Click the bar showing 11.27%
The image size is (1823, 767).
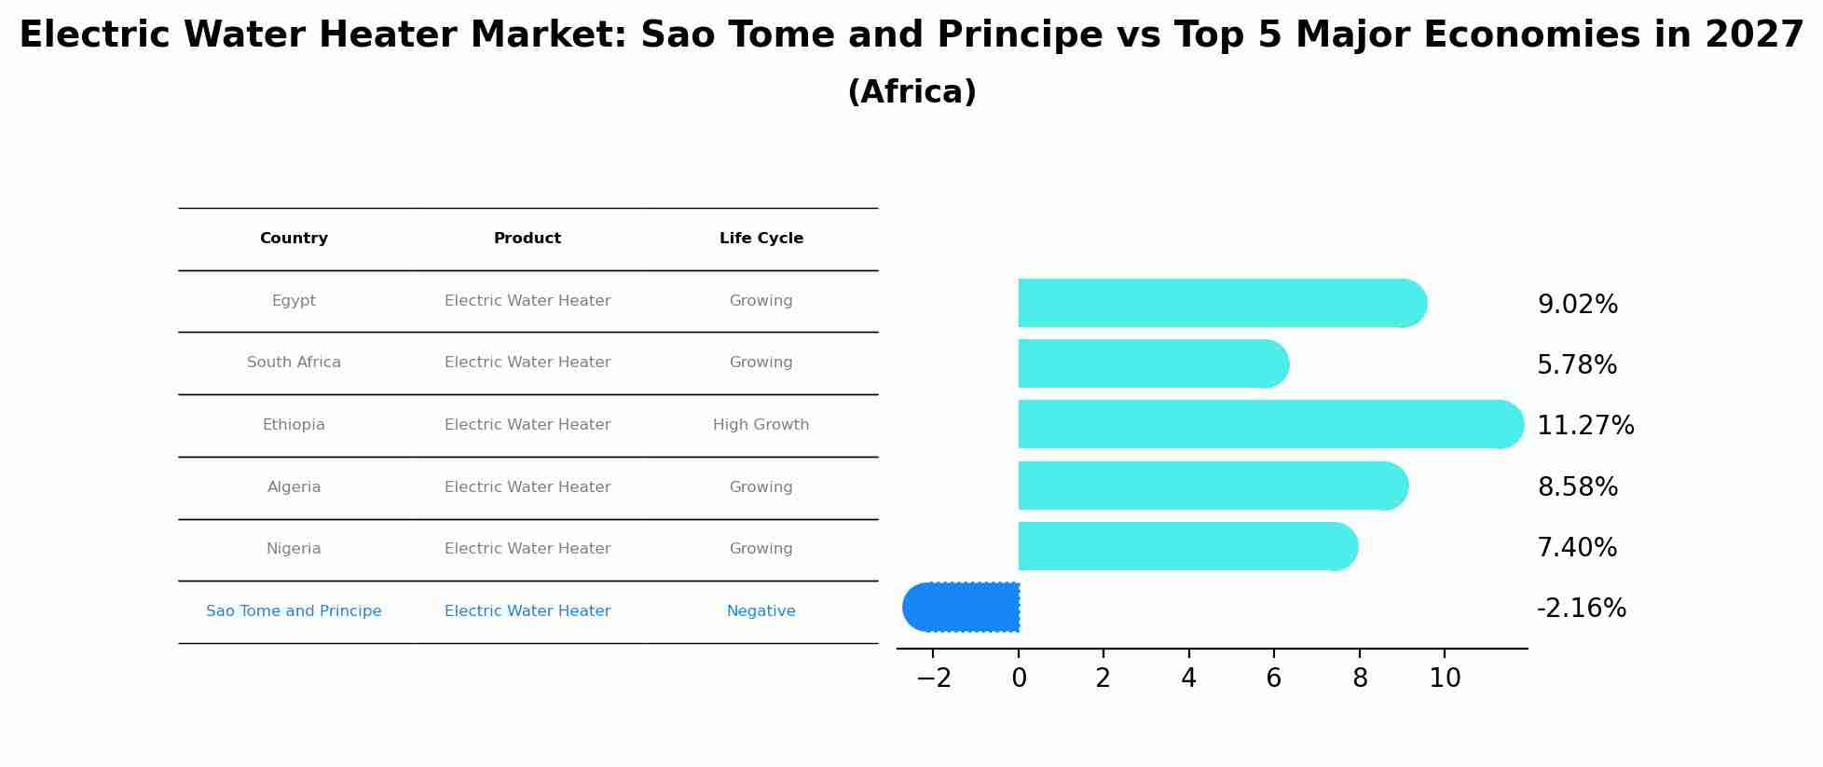(1271, 424)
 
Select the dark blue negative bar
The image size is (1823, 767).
(961, 607)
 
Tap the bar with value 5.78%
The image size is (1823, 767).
(1154, 363)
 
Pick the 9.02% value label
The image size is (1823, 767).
(1577, 305)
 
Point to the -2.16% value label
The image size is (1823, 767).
(1581, 609)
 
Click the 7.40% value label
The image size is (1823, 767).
(1577, 547)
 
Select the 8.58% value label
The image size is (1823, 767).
(1577, 486)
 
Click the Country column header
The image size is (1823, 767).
(294, 239)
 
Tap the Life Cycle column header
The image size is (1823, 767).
(761, 239)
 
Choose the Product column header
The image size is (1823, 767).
(528, 239)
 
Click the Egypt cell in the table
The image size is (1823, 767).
(294, 301)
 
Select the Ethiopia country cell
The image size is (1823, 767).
(294, 425)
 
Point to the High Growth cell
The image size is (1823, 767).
(761, 425)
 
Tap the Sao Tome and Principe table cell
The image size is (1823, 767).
(294, 611)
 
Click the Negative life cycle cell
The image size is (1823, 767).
(761, 611)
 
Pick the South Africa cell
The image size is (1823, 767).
(294, 363)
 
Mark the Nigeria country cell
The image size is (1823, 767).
(294, 549)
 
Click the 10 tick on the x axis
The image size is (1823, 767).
(1445, 678)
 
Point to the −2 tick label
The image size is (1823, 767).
(934, 678)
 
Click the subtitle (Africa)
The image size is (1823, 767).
(911, 92)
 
